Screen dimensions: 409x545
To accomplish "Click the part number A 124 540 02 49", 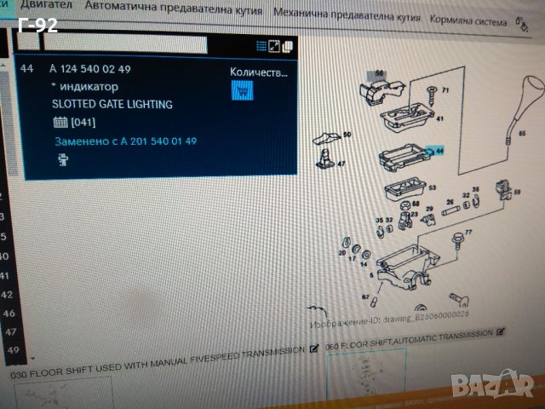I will pos(90,68).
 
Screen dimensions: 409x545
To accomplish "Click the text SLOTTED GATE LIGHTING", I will pos(112,104).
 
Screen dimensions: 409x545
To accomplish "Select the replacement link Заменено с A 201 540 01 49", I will pos(125,141).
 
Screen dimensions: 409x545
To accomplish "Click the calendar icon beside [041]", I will pos(59,123).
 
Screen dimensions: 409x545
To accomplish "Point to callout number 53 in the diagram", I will pos(432,187).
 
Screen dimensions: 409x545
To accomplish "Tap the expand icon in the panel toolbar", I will pos(274,46).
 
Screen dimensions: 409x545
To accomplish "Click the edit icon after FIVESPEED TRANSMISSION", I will pos(314,349).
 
